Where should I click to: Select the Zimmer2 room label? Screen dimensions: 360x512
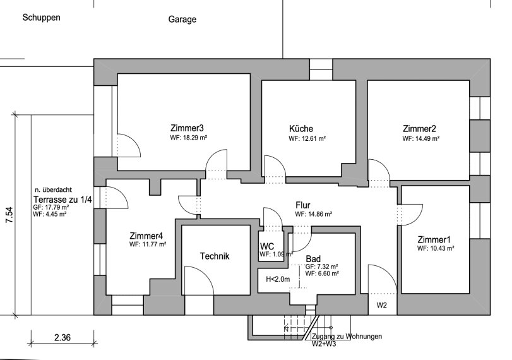(419, 128)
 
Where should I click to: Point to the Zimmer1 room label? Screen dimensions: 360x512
(434, 239)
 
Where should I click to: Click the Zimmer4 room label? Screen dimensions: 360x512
(146, 234)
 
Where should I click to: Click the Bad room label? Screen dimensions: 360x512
(313, 259)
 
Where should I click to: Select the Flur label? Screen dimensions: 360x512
(304, 205)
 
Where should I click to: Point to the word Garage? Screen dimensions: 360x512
(182, 19)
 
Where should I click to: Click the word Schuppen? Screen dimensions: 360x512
(41, 18)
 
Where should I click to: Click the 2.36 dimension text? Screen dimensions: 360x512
(62, 338)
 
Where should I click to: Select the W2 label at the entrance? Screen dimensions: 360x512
(381, 305)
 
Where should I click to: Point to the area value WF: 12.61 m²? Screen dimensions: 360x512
(307, 138)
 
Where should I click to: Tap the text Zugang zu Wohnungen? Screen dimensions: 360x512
(347, 337)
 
